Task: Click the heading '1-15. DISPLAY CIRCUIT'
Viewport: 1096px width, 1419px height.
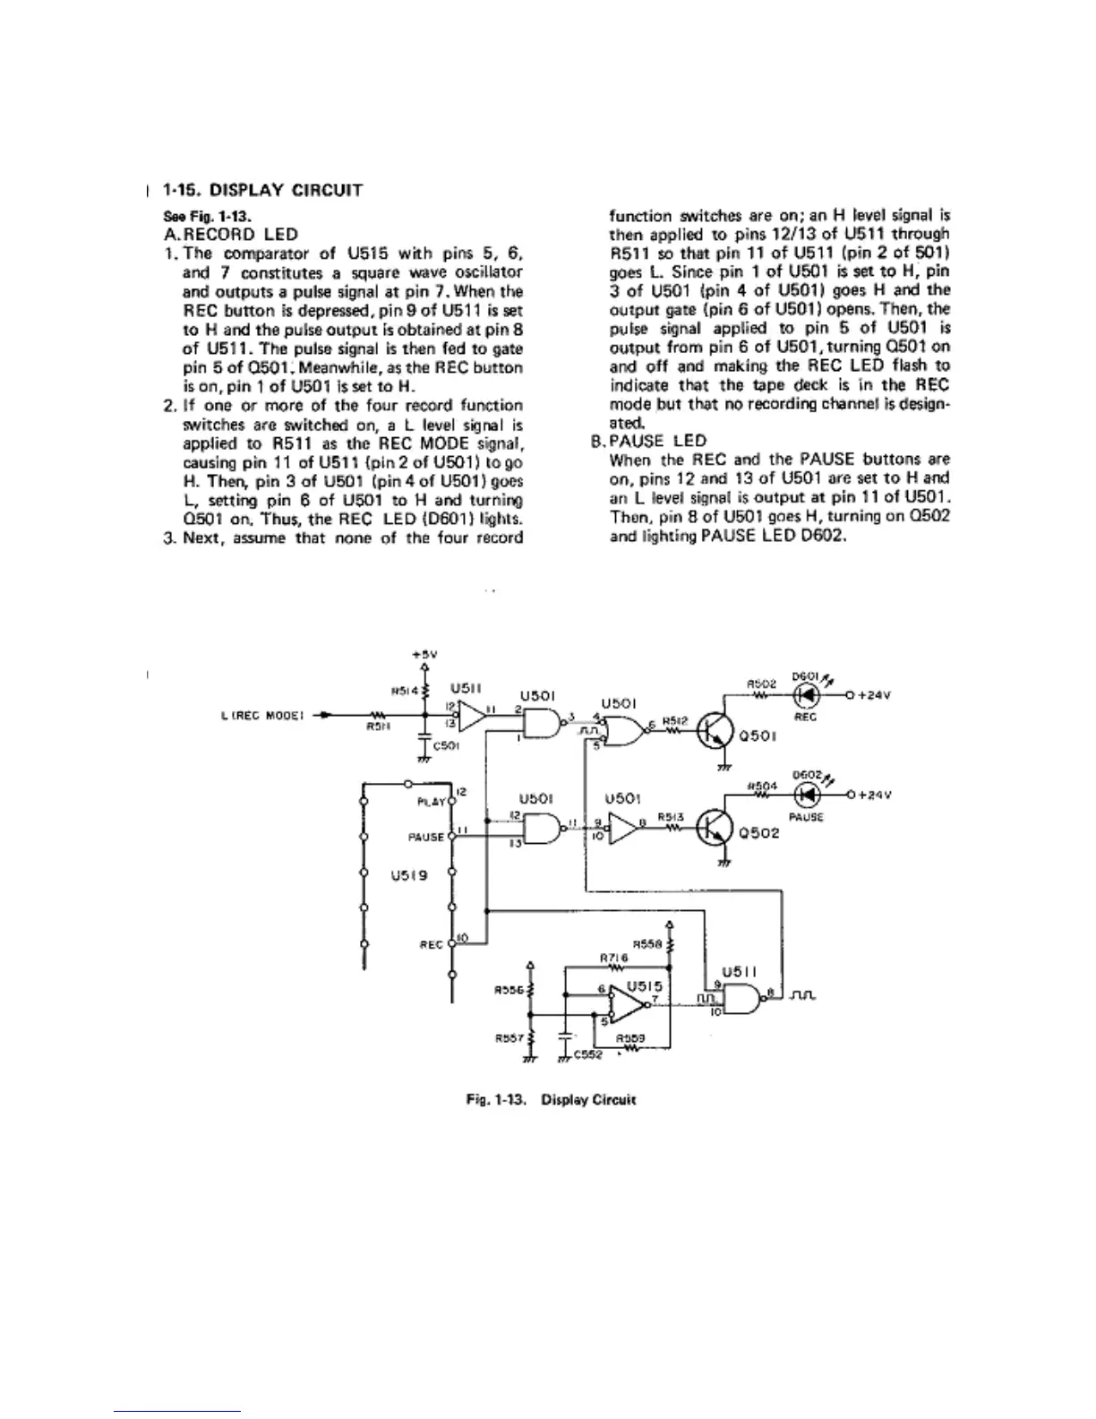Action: click(x=262, y=190)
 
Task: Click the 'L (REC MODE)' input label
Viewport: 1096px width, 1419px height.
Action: click(x=262, y=715)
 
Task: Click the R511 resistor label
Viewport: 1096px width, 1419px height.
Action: click(x=377, y=727)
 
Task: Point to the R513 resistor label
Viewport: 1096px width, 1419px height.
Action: click(x=670, y=816)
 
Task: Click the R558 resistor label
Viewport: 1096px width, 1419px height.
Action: click(x=646, y=943)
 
